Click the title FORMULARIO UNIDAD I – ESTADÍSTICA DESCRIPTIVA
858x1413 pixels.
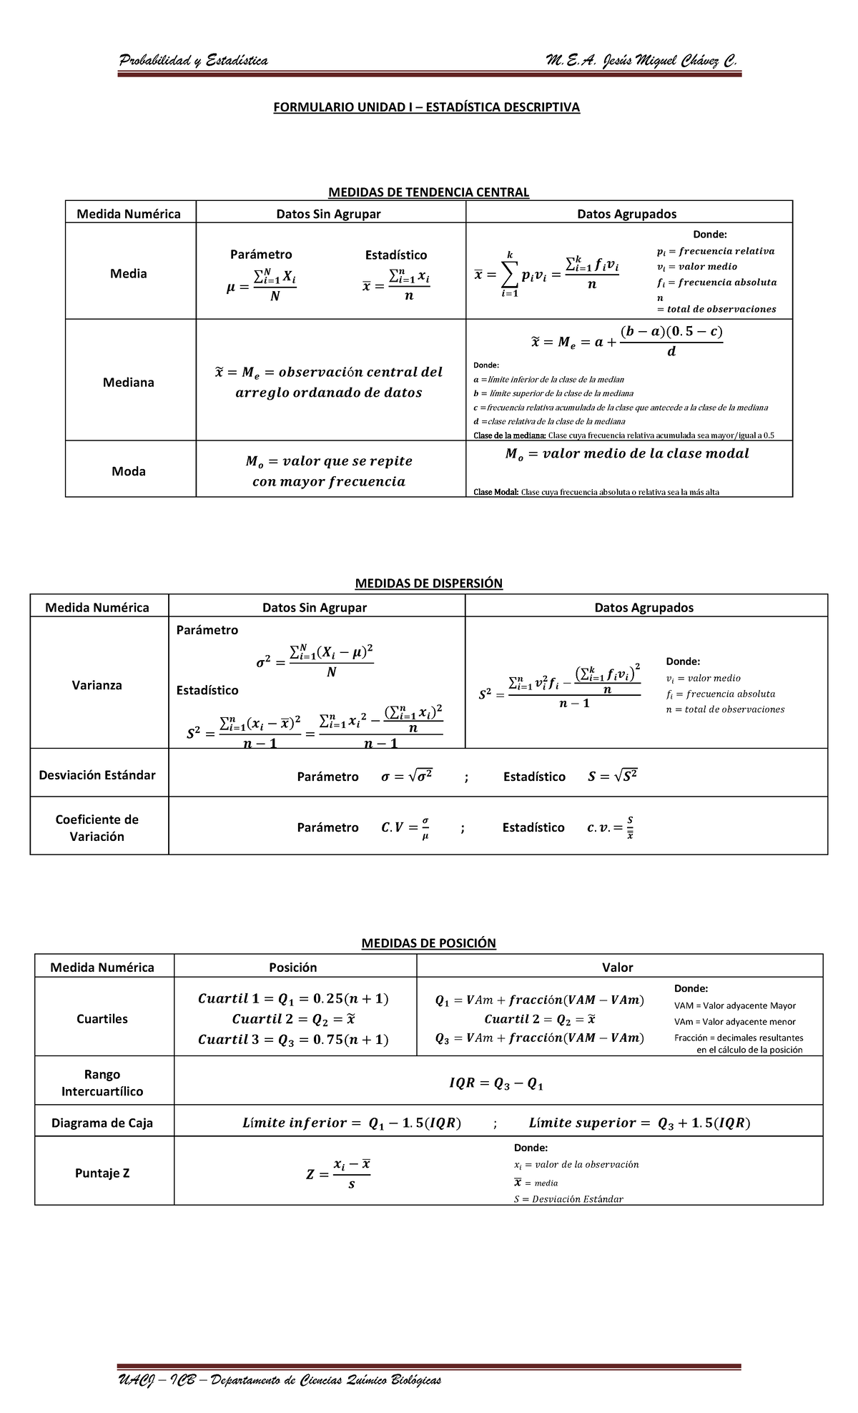coord(428,107)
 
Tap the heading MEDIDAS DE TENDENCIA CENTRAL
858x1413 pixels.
coord(428,192)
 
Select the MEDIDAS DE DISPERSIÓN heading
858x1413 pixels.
coord(428,583)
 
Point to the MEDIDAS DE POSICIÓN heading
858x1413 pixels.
coord(428,942)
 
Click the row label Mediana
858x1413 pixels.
coord(129,382)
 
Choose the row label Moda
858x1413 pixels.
coord(129,471)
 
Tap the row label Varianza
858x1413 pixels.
coord(97,685)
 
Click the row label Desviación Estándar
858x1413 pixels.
coord(97,775)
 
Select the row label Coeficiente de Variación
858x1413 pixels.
coord(97,828)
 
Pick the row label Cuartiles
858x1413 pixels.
coord(102,1019)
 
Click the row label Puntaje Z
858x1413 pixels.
coord(102,1173)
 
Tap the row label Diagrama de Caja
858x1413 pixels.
coord(102,1123)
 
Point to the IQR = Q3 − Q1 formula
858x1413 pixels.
coord(496,1084)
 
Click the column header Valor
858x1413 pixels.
coord(618,968)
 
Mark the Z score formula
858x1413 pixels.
coord(339,1173)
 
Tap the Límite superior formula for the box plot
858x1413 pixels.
coord(639,1123)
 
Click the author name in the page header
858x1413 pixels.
coord(640,61)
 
